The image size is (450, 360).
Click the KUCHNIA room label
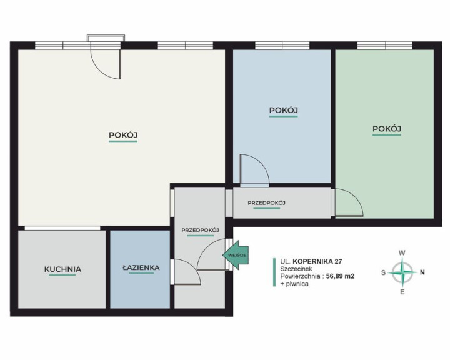point(62,269)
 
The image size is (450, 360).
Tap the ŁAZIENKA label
point(141,267)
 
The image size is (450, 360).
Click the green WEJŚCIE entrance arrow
point(236,255)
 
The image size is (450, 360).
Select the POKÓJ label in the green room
point(387,129)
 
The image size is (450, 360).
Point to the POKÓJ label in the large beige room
point(123,135)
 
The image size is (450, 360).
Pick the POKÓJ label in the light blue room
point(283,110)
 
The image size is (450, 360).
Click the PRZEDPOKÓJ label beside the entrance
point(201,230)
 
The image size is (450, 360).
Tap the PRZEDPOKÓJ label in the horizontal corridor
point(267,203)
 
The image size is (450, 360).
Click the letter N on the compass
point(422,272)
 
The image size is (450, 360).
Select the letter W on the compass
point(402,253)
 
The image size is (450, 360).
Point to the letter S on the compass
point(383,272)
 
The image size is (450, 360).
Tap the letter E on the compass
point(402,292)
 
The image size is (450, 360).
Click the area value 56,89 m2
point(340,276)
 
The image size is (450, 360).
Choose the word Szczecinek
point(296,269)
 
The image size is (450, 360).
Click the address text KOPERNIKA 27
point(317,261)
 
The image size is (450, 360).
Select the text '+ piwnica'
point(294,284)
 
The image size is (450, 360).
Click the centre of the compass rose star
point(402,272)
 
